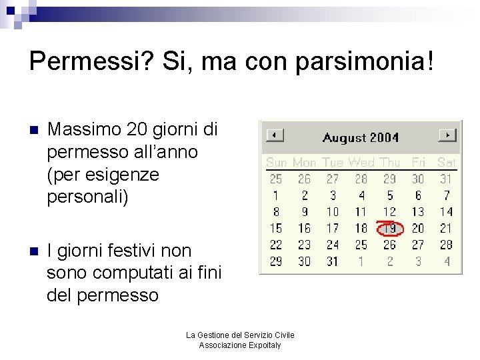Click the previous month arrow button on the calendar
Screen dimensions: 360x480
coord(275,135)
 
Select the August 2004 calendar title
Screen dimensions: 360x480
coord(360,138)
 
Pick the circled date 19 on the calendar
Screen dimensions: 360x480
coord(389,229)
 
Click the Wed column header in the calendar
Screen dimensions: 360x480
coord(361,162)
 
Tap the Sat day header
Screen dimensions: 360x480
coord(446,162)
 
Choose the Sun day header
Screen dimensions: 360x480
coord(276,162)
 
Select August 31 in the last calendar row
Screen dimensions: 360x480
coord(333,261)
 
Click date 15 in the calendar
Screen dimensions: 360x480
coord(276,229)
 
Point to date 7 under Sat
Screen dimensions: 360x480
coord(446,196)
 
